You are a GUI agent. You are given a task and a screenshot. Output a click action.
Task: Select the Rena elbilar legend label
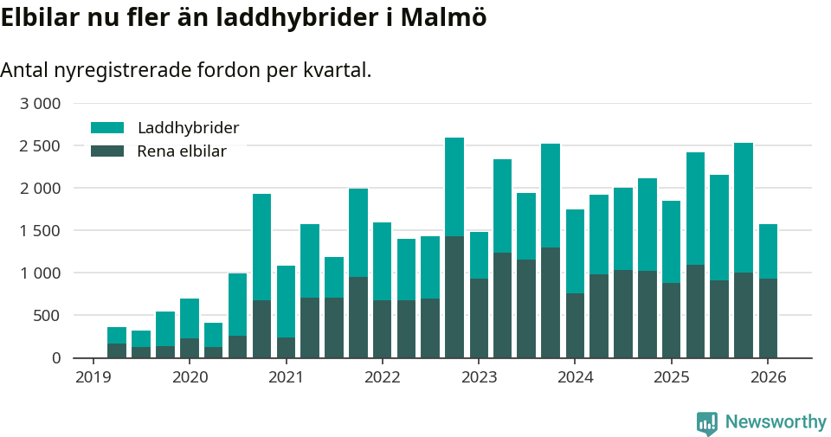click(x=182, y=151)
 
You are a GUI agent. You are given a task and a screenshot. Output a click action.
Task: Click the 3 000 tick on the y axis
click(x=40, y=104)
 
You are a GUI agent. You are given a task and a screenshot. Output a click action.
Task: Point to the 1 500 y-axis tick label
click(x=40, y=230)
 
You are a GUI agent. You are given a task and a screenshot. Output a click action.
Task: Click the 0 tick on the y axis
click(x=56, y=357)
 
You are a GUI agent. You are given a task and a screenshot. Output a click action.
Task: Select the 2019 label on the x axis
click(x=93, y=377)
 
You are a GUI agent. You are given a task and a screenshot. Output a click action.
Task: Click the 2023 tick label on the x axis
click(x=479, y=377)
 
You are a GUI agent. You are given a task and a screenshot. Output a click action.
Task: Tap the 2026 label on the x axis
click(x=768, y=377)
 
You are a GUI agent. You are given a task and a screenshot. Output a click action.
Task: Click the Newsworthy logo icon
click(x=706, y=422)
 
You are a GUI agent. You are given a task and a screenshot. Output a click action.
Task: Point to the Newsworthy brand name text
click(x=775, y=422)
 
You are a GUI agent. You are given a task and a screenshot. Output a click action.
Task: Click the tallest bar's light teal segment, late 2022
click(x=454, y=186)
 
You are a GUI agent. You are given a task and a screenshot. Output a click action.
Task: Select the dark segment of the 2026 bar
click(x=768, y=318)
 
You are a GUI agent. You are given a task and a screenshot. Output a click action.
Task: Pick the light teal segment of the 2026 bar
click(x=768, y=251)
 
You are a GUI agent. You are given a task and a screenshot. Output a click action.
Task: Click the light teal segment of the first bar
click(x=117, y=336)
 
